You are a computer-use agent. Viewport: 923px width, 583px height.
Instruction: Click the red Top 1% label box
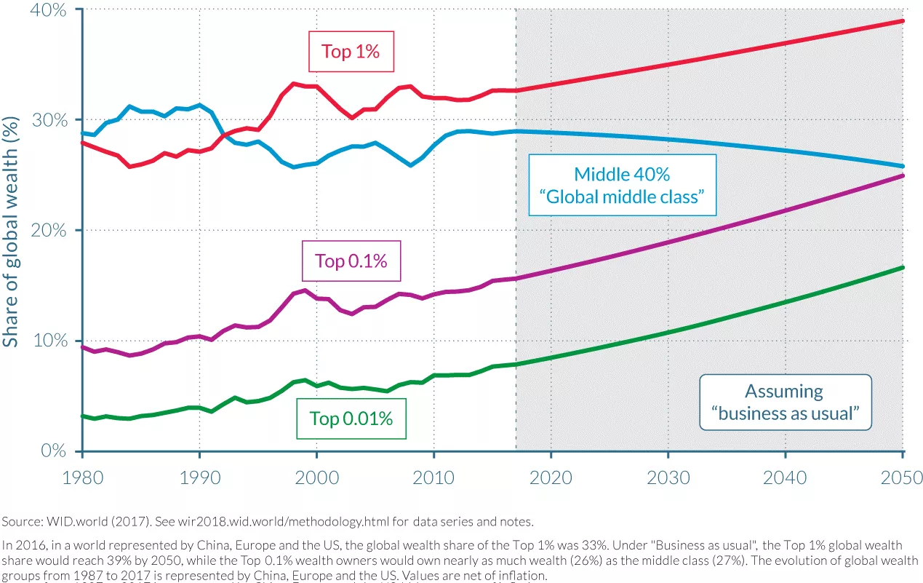point(351,52)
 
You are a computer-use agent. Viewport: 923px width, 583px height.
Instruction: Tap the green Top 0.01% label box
point(351,419)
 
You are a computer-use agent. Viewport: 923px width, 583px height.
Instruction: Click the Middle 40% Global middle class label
point(622,185)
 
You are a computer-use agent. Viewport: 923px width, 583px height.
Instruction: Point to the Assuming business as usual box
point(784,402)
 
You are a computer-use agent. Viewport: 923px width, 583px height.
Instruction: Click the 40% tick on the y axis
point(48,10)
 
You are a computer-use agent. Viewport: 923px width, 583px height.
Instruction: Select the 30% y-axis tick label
point(48,120)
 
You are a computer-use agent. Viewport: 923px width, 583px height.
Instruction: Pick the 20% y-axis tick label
point(48,231)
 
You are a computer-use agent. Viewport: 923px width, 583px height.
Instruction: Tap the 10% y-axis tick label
point(48,341)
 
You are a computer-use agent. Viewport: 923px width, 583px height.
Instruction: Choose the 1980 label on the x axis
point(82,477)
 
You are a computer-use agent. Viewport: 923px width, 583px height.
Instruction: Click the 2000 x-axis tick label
point(316,477)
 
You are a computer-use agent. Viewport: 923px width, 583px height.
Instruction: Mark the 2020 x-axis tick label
point(551,477)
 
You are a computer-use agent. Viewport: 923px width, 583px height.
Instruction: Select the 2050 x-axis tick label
point(902,477)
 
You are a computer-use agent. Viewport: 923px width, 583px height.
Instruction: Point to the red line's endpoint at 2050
point(903,21)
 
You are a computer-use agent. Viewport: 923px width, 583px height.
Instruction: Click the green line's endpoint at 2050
point(903,268)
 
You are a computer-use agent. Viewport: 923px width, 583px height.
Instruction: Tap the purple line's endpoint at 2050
point(903,176)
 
